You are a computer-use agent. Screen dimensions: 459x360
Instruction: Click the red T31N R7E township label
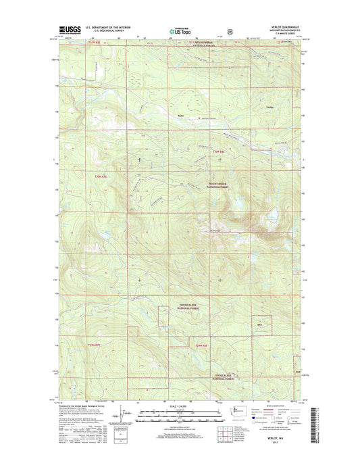click(97, 43)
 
